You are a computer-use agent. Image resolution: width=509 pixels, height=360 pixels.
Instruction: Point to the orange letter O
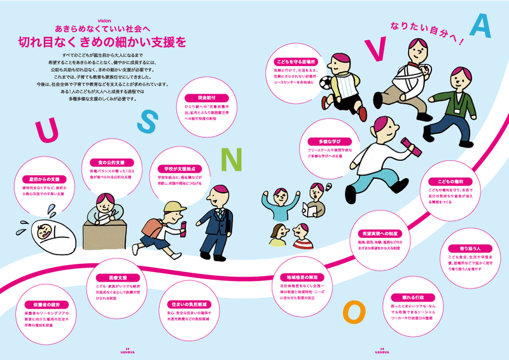pyautogui.click(x=353, y=311)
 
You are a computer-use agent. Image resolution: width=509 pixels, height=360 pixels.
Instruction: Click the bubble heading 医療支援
pyautogui.click(x=109, y=278)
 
